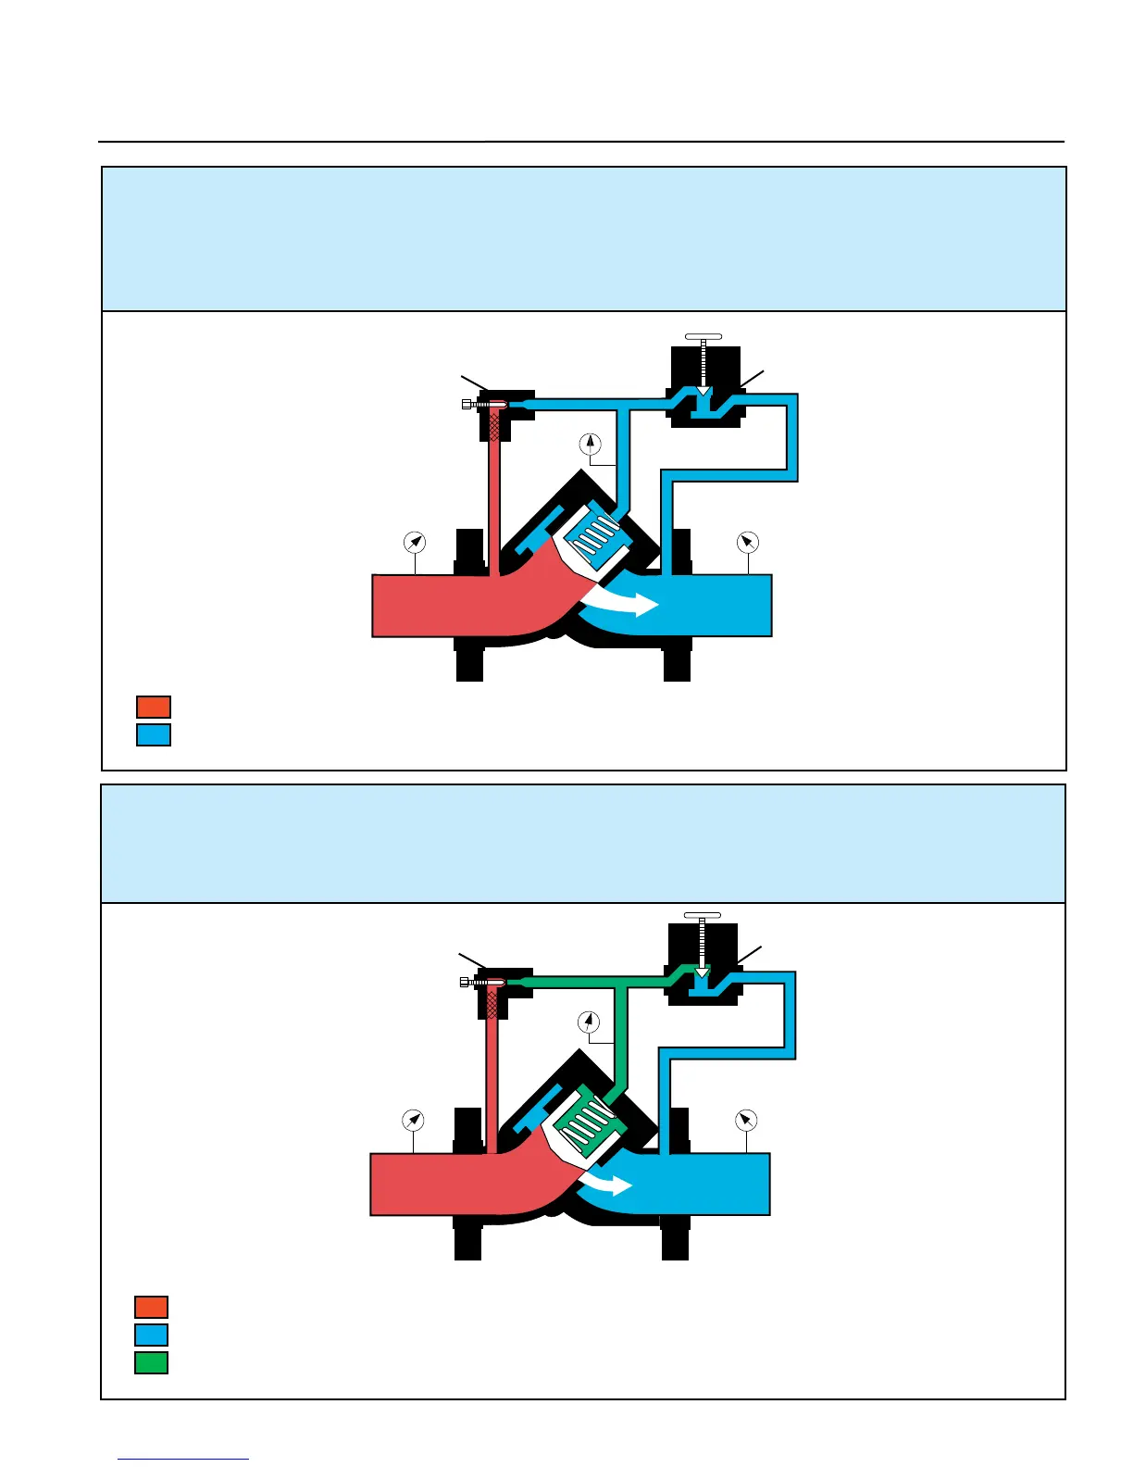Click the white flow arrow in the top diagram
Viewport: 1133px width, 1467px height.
622,603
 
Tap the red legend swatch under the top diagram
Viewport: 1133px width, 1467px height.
154,707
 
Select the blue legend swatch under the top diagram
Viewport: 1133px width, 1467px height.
154,734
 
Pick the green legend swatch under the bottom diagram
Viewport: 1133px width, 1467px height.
152,1362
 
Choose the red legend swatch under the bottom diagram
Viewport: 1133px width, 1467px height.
152,1307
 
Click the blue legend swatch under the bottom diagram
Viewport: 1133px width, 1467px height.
152,1335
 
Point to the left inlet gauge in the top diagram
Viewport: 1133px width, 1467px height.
415,542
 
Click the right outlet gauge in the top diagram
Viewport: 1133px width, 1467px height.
747,542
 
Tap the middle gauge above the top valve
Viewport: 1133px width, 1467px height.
590,444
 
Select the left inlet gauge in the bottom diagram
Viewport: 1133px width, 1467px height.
413,1121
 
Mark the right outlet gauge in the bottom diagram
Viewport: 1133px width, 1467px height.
745,1121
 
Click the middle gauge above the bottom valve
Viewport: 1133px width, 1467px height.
588,1022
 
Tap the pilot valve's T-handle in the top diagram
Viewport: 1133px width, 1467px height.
703,336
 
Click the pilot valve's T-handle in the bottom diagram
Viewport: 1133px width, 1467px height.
702,915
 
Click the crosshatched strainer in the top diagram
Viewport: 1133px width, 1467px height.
494,425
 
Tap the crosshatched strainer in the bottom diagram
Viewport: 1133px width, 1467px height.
492,1003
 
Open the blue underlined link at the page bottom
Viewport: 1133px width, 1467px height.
183,1459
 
